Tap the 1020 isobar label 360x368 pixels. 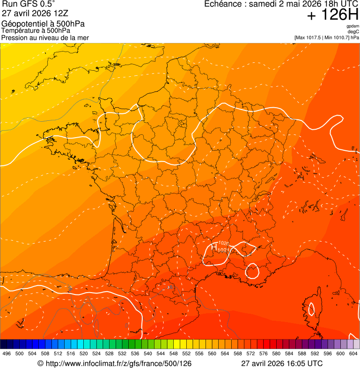[x=223, y=243]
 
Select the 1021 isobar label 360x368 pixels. [x=223, y=250]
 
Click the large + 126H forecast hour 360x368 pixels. [x=333, y=15]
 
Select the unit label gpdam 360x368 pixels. [x=353, y=26]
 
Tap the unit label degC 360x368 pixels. [x=353, y=31]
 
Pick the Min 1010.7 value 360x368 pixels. [x=337, y=37]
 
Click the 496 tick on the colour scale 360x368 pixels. [x=7, y=353]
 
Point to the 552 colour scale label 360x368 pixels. [x=186, y=353]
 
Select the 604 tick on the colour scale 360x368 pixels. [x=353, y=353]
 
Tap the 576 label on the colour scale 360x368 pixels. [x=263, y=353]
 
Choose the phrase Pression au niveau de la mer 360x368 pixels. [x=45, y=37]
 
